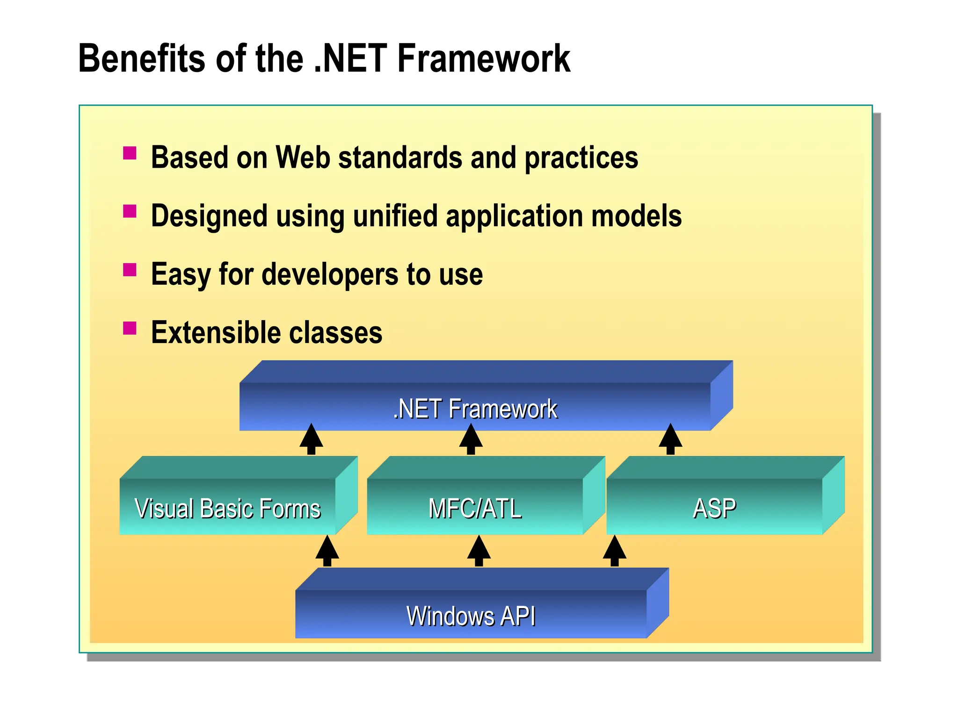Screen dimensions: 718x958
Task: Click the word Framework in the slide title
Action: (x=484, y=58)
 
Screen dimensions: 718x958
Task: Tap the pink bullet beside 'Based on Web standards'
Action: (x=130, y=153)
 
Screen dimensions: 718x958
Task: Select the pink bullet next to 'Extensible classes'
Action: (x=130, y=328)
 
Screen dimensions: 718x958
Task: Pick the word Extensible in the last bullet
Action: (x=216, y=332)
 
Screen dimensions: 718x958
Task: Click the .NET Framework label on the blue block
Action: (x=475, y=409)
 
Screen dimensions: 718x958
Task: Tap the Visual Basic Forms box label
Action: (x=228, y=509)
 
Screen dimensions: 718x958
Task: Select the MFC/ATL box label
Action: (x=475, y=509)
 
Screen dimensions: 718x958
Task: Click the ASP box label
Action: (x=714, y=509)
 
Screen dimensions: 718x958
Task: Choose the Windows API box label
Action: (x=471, y=616)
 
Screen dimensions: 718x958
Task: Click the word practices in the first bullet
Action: (x=581, y=158)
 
